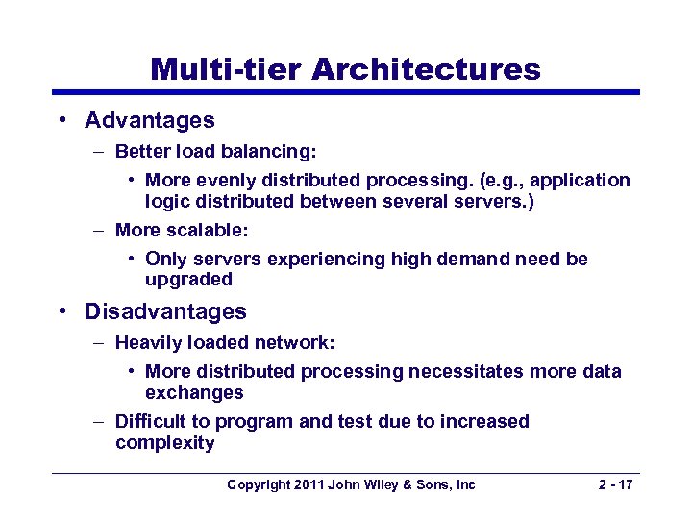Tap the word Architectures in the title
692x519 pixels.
coord(426,69)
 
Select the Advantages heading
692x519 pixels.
coord(150,120)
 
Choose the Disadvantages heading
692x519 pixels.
coord(165,311)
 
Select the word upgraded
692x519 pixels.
coord(188,280)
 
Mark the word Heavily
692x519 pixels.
coord(146,342)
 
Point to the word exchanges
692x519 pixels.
coord(194,392)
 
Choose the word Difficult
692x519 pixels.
coord(150,421)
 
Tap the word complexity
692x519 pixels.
coord(164,442)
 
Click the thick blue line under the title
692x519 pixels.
coord(346,93)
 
